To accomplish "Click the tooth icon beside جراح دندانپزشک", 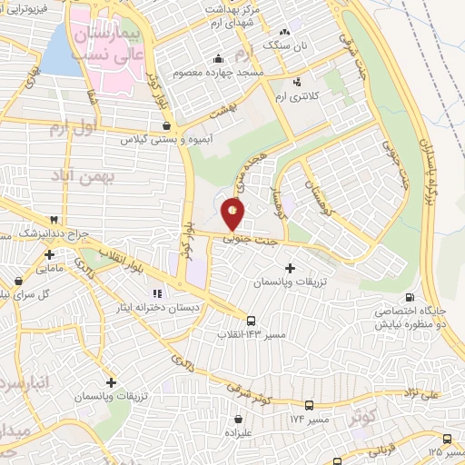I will pos(54,220).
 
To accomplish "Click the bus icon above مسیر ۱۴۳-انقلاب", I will pos(252,320).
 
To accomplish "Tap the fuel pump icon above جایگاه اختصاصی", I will pos(410,297).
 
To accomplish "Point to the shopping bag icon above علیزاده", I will pos(238,420).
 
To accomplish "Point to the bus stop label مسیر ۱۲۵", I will pos(446,450).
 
